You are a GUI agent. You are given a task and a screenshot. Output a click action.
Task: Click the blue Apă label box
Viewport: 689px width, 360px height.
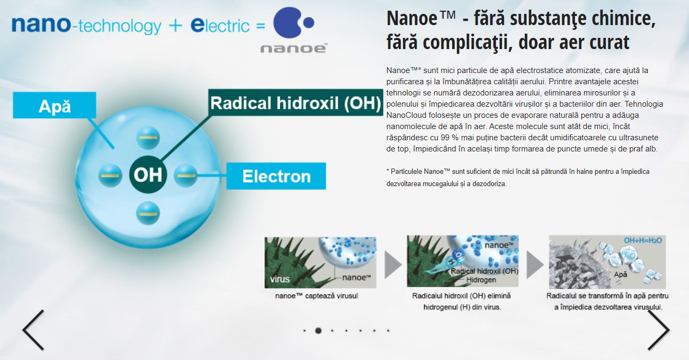point(54,105)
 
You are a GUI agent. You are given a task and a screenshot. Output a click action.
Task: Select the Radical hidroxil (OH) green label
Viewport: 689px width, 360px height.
point(295,102)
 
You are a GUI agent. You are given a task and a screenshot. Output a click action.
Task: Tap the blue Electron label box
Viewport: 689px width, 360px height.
point(276,176)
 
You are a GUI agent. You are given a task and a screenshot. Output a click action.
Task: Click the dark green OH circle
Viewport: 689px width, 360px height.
point(148,174)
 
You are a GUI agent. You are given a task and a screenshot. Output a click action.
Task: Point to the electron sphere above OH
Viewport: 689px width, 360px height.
point(148,138)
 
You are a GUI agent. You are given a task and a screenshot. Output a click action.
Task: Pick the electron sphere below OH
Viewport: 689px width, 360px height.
point(148,213)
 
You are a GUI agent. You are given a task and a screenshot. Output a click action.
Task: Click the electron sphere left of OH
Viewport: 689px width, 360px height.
point(110,175)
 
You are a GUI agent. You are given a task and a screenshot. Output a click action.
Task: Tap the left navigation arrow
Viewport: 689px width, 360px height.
point(33,330)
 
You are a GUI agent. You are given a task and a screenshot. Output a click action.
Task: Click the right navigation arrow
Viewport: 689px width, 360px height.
point(659,330)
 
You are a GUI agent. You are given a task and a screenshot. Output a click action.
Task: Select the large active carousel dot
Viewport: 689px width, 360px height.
point(318,331)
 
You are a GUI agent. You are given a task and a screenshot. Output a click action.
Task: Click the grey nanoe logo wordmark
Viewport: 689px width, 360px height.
point(294,49)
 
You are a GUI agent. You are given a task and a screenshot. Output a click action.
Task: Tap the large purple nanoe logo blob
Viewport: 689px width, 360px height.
point(287,23)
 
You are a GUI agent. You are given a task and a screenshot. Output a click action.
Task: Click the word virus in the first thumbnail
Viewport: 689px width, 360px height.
point(280,279)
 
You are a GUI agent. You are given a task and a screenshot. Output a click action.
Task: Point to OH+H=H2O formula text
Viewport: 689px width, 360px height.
point(643,241)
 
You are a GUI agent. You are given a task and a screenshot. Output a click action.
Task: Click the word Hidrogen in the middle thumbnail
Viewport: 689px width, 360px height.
point(481,279)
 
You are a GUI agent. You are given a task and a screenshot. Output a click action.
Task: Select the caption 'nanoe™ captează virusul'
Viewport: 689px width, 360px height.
point(317,295)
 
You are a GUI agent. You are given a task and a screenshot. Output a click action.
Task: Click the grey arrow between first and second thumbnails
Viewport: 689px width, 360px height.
point(393,265)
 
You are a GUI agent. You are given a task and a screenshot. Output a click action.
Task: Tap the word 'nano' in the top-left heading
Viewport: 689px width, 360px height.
point(42,23)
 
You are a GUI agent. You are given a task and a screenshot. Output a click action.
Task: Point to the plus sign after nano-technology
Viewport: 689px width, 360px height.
point(175,26)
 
